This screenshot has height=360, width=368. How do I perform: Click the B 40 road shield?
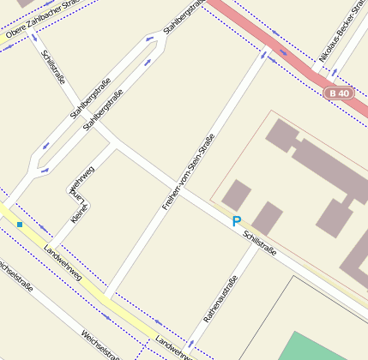pos(340,93)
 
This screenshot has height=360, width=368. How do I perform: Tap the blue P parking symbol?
pos(236,222)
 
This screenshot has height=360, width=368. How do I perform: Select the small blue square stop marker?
pos(19,225)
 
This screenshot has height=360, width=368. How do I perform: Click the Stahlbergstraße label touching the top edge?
pos(183,16)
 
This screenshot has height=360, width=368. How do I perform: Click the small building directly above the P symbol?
pos(236,195)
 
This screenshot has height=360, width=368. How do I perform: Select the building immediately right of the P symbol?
pos(267,218)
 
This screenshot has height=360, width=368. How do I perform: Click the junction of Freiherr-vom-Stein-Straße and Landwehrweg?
pos(109,297)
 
